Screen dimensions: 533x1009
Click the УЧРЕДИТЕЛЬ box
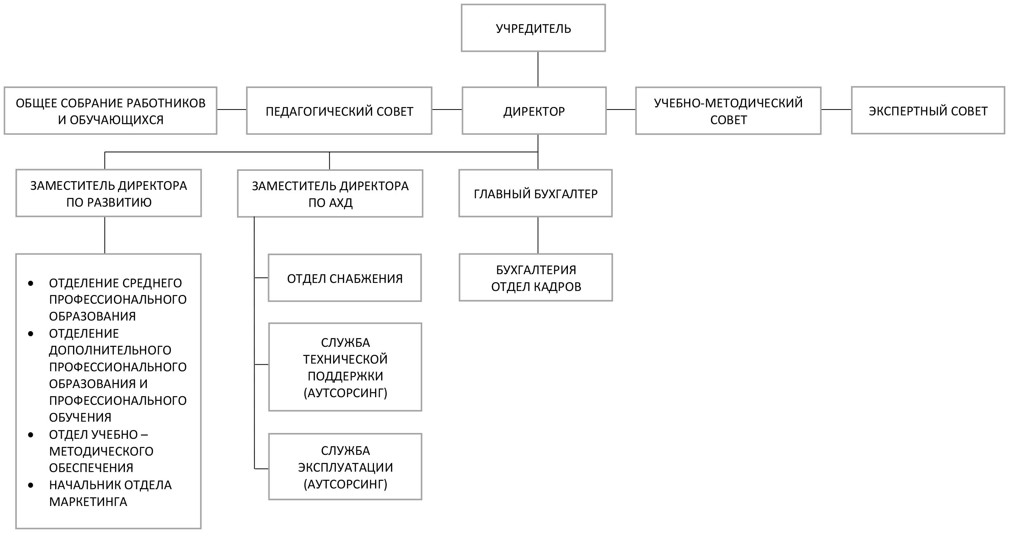tap(533, 28)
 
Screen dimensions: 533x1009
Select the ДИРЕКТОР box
tap(534, 111)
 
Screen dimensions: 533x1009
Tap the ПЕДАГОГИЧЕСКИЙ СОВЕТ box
tap(339, 111)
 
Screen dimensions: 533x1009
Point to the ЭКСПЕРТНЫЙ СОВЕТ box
tap(928, 111)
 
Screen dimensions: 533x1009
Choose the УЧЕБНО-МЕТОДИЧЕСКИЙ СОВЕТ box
tap(728, 111)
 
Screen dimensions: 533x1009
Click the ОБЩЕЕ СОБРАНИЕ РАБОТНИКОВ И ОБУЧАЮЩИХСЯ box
tap(110, 111)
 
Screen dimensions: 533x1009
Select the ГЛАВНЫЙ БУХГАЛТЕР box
tap(535, 193)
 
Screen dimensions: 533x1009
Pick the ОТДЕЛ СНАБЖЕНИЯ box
tap(345, 278)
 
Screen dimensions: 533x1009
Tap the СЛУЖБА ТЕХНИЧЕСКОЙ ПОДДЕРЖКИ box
tap(345, 367)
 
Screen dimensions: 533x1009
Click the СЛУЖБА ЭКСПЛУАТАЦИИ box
tap(345, 467)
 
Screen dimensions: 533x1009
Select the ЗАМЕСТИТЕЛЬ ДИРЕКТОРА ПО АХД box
tap(330, 194)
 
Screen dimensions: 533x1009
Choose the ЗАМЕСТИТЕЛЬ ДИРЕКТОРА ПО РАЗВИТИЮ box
tap(108, 193)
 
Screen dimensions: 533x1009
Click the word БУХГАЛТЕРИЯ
tap(536, 270)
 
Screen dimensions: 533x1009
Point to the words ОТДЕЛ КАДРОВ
tap(536, 287)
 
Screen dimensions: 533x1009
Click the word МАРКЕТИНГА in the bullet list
tap(88, 502)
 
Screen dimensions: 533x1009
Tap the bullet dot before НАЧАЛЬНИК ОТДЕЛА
tap(31, 485)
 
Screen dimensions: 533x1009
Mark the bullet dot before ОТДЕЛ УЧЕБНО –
tap(31, 435)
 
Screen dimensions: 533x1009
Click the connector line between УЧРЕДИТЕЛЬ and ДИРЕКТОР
tap(538, 69)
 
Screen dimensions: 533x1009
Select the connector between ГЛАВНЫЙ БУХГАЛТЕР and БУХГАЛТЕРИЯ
tap(538, 235)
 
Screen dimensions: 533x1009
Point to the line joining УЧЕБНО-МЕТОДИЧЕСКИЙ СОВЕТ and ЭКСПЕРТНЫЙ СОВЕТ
tap(836, 110)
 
